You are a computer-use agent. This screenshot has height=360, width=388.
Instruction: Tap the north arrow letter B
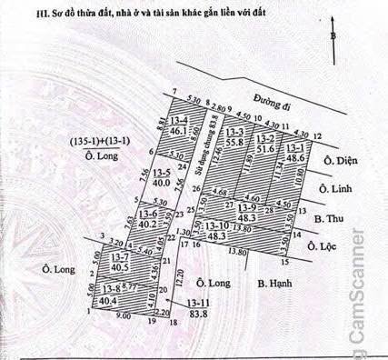[x=334, y=36]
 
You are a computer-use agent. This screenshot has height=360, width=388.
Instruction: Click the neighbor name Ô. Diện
[x=341, y=162]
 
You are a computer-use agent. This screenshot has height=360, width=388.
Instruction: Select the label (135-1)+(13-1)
[x=102, y=140]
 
